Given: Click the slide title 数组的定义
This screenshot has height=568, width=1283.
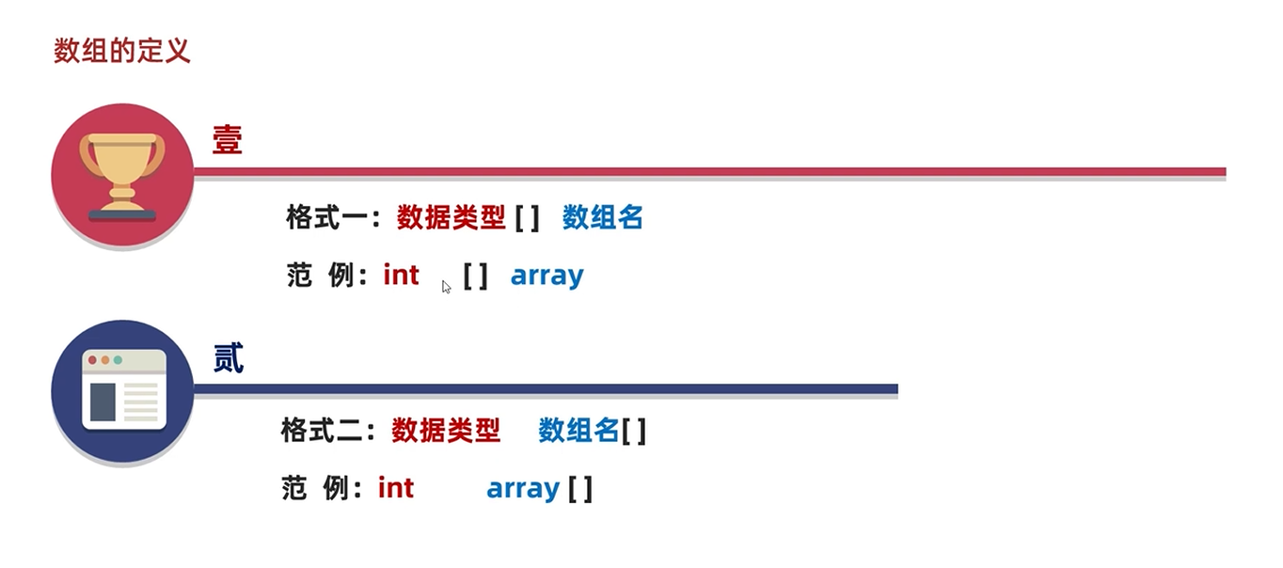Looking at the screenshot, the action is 122,51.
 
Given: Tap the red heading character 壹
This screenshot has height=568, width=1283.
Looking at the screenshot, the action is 228,140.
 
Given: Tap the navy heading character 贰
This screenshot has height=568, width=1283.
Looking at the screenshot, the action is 229,357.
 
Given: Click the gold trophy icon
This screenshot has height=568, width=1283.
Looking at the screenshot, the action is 122,175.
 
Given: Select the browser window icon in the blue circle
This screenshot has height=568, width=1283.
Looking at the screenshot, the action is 123,390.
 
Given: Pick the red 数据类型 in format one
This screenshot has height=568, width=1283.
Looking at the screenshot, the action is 451,218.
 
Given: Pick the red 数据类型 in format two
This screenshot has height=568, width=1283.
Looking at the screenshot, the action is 446,431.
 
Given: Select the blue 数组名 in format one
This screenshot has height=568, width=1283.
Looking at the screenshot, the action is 603,218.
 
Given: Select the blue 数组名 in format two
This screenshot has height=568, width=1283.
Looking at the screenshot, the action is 578,431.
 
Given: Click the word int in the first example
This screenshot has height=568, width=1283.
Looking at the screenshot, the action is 402,276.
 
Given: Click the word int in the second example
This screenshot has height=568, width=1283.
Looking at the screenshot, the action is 396,488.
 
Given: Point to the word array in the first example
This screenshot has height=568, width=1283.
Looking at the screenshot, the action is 547,276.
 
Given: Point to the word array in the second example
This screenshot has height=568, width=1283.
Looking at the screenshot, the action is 523,489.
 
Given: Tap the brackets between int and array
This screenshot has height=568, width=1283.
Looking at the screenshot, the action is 475,276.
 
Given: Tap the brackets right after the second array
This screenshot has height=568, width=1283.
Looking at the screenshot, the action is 579,489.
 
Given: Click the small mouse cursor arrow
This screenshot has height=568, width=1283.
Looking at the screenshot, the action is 446,286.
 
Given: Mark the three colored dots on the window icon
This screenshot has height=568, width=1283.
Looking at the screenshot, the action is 104,360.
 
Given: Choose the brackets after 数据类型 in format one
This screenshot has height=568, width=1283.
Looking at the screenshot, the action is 527,218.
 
